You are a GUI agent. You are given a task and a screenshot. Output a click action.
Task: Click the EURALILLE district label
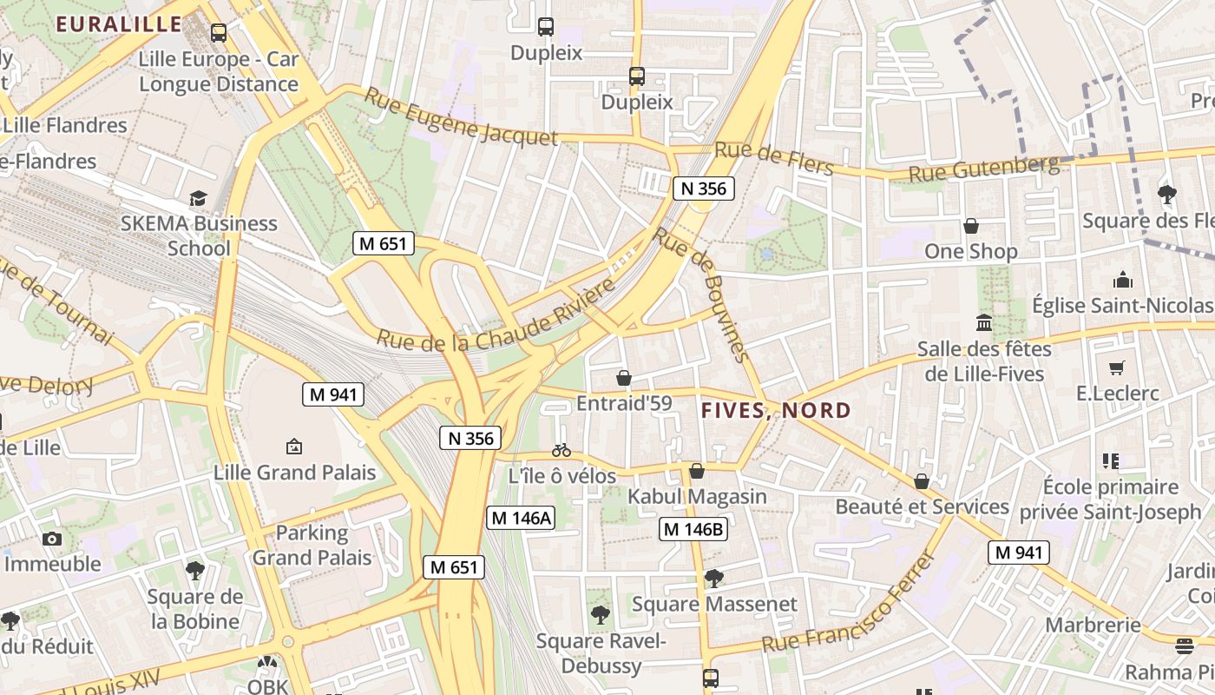(x=119, y=23)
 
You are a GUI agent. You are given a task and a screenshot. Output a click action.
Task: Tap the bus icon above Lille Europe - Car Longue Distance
(x=219, y=33)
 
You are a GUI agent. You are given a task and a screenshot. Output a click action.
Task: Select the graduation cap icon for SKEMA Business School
(x=199, y=198)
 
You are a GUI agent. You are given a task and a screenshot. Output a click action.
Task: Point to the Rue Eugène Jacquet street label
(x=460, y=116)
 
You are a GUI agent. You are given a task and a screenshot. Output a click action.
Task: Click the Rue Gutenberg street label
(x=984, y=169)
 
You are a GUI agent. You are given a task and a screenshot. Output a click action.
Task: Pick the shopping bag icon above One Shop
(x=971, y=226)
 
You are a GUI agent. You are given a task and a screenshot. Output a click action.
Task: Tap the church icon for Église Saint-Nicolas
(x=1123, y=280)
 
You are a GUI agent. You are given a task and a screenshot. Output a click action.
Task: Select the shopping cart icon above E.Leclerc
(x=1117, y=367)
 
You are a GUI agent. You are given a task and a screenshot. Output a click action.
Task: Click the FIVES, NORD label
(x=776, y=410)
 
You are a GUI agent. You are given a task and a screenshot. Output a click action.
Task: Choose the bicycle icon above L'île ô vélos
(x=562, y=450)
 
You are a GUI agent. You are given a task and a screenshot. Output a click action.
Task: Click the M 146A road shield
(x=520, y=518)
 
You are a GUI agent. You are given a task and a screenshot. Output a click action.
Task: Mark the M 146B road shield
(x=693, y=528)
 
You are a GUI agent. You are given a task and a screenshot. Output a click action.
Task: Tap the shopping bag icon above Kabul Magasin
(x=696, y=471)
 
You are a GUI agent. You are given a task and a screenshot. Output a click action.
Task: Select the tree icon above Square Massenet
(x=713, y=577)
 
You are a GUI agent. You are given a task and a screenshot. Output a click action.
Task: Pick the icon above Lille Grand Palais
(x=294, y=447)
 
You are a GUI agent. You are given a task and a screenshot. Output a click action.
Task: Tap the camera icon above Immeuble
(x=52, y=539)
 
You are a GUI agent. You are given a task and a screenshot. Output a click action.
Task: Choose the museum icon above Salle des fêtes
(x=984, y=323)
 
